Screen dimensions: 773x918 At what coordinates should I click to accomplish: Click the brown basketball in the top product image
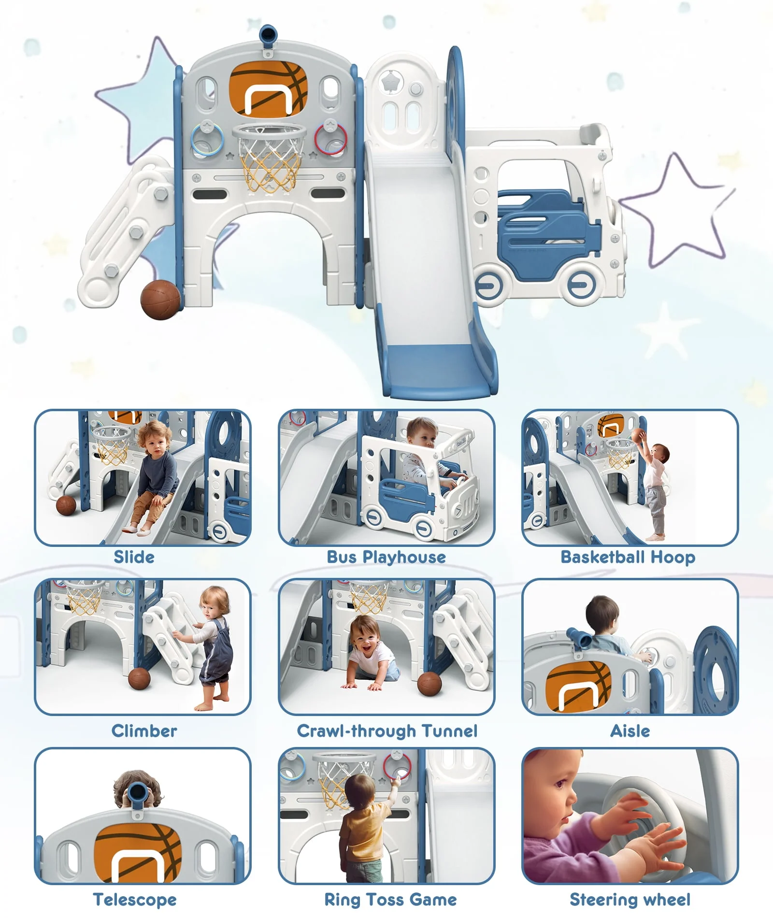tap(160, 300)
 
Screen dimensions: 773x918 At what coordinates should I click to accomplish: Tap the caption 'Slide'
tap(134, 557)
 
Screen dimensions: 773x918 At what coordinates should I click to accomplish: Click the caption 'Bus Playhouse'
tap(386, 557)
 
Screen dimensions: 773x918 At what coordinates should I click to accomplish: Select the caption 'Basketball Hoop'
tap(628, 557)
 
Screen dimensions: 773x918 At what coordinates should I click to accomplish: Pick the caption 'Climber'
tap(144, 731)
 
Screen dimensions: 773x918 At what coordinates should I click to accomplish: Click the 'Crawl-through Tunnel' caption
tap(387, 731)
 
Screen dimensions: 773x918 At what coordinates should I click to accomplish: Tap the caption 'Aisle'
tap(630, 731)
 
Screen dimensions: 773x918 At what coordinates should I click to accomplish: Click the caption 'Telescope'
tap(135, 900)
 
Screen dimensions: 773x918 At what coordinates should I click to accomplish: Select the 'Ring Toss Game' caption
tap(390, 900)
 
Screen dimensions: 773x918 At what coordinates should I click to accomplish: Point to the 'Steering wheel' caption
tap(630, 900)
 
